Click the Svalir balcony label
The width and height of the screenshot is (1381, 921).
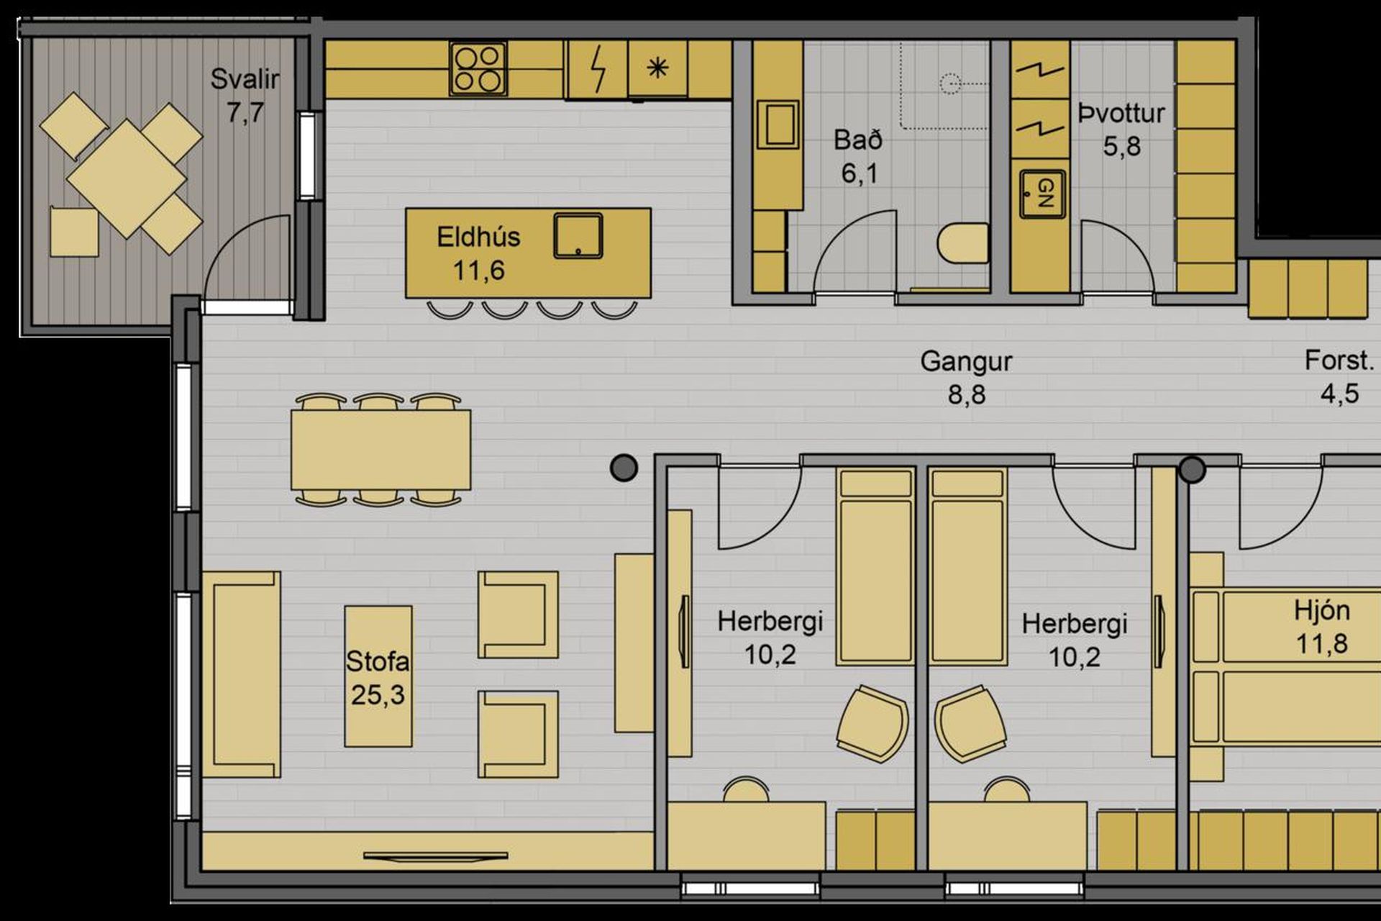[245, 79]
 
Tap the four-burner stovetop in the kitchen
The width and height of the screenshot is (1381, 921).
[478, 68]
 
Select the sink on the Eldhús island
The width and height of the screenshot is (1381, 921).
[578, 235]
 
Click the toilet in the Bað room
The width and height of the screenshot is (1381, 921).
[964, 243]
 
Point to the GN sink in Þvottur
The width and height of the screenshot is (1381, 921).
[1043, 194]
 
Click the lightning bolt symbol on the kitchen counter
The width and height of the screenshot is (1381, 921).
[598, 69]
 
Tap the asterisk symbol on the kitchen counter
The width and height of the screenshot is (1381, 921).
[657, 68]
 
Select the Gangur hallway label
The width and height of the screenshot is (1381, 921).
[966, 361]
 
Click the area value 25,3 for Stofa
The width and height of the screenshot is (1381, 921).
[378, 695]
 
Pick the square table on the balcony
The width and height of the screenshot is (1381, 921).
[127, 178]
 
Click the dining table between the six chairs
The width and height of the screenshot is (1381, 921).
[381, 450]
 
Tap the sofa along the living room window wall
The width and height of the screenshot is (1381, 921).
[242, 675]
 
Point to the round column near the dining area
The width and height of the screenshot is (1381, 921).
[624, 468]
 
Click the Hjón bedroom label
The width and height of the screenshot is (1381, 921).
[1322, 610]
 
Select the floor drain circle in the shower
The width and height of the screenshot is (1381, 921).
[951, 83]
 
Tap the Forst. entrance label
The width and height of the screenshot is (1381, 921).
[1339, 360]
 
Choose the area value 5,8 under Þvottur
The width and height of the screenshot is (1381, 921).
[1122, 147]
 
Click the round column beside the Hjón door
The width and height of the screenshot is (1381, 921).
[1192, 469]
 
